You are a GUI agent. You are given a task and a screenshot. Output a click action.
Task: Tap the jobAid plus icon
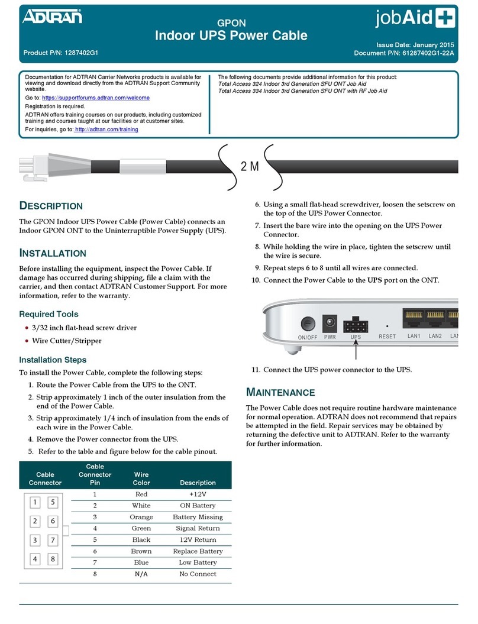tap(449, 20)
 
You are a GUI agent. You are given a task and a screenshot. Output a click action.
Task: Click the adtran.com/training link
tap(106, 129)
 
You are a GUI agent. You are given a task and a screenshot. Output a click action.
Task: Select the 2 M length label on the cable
tap(250, 166)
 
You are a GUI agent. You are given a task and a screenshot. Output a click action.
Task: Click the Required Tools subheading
tap(49, 314)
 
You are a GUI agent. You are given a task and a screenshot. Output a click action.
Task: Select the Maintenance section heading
tap(280, 392)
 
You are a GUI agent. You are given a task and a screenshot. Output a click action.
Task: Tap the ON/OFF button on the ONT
tap(308, 324)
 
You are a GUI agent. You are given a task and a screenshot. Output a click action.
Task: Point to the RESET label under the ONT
tap(387, 337)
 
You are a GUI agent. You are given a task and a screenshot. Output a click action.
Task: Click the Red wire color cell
tap(141, 494)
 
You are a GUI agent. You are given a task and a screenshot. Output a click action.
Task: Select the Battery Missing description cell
tap(198, 517)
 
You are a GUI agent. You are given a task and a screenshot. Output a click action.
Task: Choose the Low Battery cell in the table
tap(198, 562)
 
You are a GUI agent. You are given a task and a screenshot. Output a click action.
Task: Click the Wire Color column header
tap(141, 478)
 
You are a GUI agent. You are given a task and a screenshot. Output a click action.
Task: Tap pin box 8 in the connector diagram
tap(53, 560)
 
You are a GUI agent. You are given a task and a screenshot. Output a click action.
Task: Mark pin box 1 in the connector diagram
tap(35, 503)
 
